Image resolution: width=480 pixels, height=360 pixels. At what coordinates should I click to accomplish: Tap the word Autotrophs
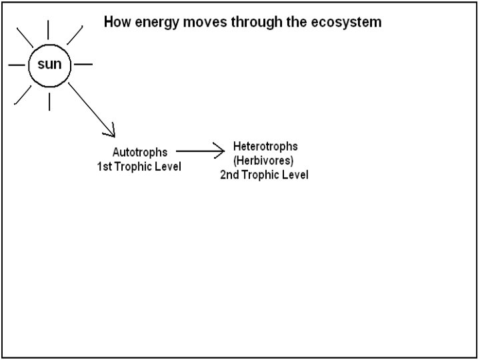(x=139, y=152)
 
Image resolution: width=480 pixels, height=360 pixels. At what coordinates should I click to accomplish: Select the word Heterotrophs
(x=265, y=146)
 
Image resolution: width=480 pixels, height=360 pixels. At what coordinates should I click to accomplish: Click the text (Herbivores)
(x=263, y=161)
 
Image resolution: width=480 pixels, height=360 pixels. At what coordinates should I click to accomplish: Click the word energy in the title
(x=155, y=23)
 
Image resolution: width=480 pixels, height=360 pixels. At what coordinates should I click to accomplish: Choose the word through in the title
(x=259, y=23)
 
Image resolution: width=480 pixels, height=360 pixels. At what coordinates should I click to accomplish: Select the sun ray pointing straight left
(x=17, y=65)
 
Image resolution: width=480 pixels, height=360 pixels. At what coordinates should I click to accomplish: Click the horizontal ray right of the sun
(x=83, y=65)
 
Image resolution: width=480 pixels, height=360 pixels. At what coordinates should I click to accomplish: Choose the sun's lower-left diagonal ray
(x=23, y=95)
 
